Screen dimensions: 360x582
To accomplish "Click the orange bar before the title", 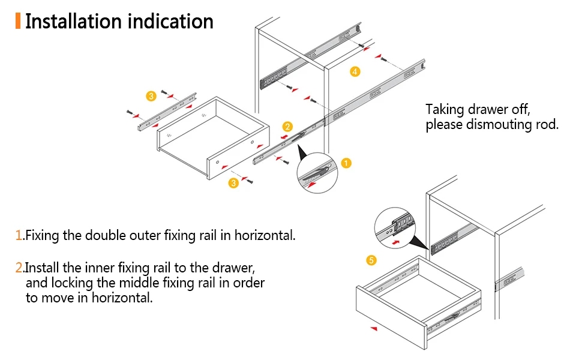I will point(18,21).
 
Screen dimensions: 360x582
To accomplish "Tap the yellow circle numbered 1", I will point(346,163).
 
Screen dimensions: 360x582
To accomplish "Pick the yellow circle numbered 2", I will point(287,127).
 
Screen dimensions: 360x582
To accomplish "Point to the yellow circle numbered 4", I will point(355,72).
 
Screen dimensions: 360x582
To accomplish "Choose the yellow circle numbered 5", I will point(371,260).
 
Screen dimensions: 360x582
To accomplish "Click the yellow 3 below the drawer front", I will point(233,183).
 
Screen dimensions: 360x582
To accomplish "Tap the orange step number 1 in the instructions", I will point(19,235).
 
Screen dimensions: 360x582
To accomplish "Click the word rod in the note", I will point(548,125).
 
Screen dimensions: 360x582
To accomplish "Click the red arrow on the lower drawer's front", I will point(374,329).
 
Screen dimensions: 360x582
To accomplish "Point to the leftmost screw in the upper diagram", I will point(128,112).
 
